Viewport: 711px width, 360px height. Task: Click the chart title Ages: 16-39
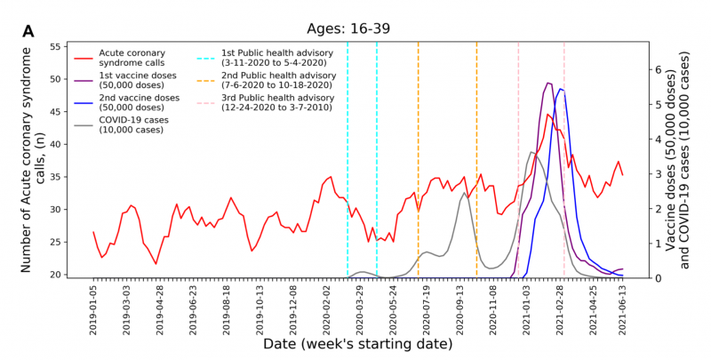tap(355, 27)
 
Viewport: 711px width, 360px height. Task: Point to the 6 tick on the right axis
tap(658, 69)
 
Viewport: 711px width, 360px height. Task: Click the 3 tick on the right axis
tap(658, 173)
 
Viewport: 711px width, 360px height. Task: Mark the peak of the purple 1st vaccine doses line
tap(548, 83)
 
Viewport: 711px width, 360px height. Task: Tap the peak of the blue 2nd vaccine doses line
tap(561, 89)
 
